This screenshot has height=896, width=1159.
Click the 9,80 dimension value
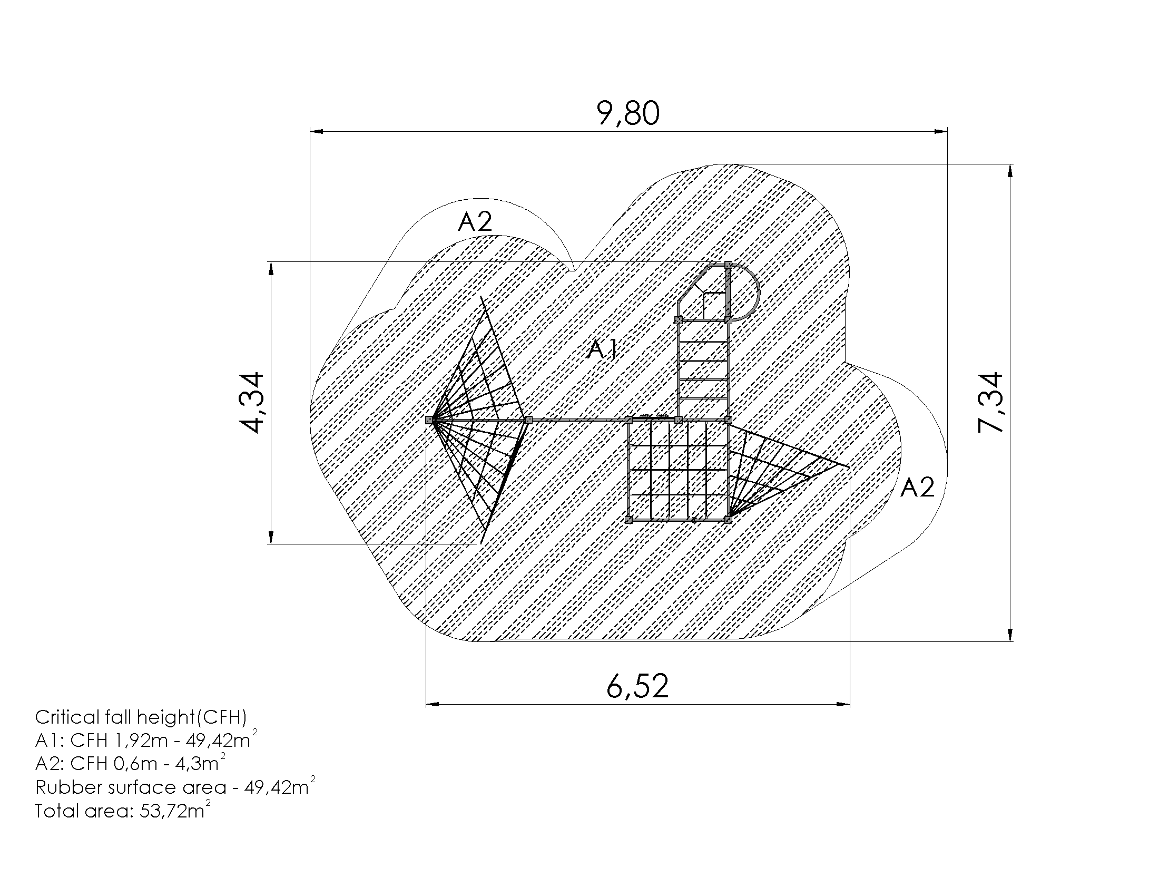point(628,113)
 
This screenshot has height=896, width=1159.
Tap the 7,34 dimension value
point(990,403)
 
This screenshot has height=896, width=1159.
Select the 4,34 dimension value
point(250,403)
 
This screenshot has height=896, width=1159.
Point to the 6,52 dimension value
point(637,686)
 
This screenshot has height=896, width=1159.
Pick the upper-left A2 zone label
point(475,222)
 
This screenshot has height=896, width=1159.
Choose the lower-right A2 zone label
point(917,488)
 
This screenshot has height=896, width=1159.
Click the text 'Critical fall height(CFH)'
point(141,717)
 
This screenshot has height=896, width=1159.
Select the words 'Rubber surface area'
point(131,787)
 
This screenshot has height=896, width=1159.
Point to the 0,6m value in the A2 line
point(135,764)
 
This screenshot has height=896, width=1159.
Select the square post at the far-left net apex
point(429,420)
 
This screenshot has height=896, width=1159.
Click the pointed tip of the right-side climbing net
point(847,466)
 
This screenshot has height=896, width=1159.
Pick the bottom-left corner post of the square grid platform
point(628,520)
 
